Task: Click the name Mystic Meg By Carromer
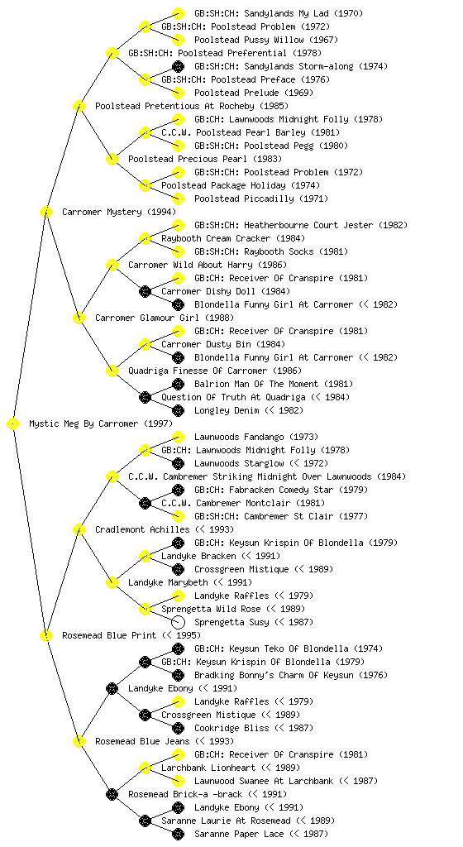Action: [84, 423]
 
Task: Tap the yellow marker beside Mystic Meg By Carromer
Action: [13, 424]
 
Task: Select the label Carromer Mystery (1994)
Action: [119, 212]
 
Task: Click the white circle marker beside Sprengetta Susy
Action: [178, 622]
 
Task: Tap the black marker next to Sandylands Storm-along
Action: [178, 66]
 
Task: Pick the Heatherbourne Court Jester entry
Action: [301, 225]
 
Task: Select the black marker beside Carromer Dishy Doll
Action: [145, 292]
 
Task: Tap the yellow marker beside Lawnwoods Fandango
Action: [178, 437]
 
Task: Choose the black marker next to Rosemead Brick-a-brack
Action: [112, 794]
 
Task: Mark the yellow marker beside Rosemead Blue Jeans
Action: [79, 741]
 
